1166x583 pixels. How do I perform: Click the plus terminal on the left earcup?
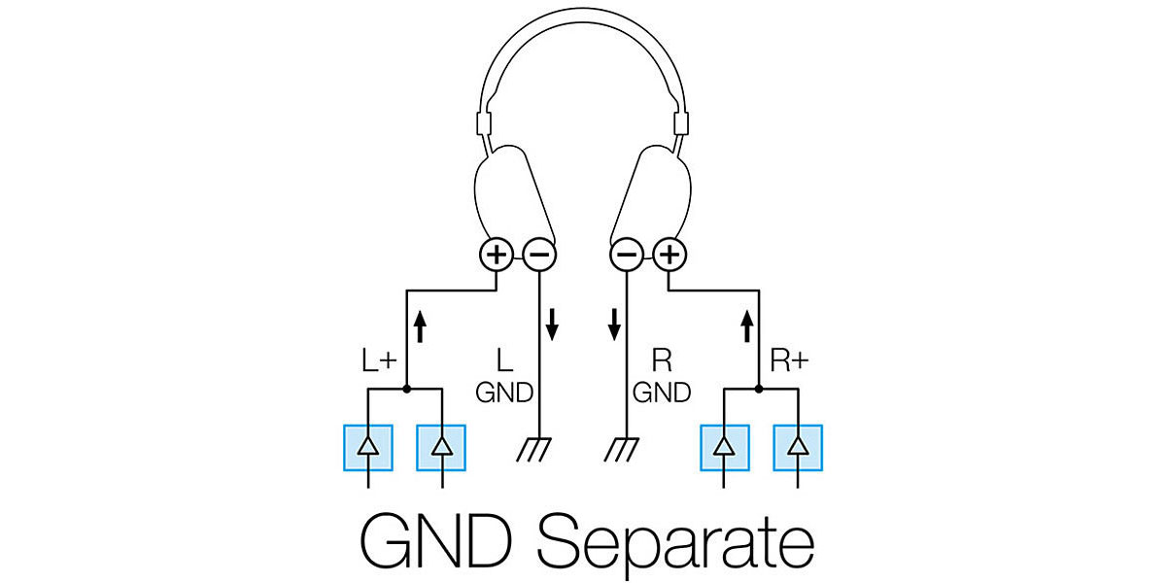pos(497,255)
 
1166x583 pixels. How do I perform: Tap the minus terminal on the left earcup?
pos(539,255)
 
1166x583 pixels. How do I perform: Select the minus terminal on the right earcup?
pos(626,255)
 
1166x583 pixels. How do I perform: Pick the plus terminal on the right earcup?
pos(669,255)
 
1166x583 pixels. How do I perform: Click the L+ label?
pos(379,360)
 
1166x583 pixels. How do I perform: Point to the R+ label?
pos(789,360)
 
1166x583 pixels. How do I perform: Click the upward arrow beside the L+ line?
pos(420,326)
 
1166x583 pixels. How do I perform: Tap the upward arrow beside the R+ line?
pos(747,326)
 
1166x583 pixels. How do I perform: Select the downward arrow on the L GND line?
pos(552,325)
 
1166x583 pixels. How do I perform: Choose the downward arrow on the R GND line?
pos(614,325)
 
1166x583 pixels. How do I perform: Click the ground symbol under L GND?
pos(534,449)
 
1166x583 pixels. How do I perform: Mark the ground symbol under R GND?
pos(622,449)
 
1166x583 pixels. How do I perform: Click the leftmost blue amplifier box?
pos(368,448)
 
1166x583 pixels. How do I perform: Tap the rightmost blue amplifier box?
pos(798,448)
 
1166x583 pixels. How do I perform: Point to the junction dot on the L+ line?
pos(406,389)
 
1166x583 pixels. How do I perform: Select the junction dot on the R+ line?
pos(759,389)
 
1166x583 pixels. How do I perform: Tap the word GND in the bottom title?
pos(435,540)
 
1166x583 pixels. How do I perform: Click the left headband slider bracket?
pos(484,123)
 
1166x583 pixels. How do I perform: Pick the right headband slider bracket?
pos(681,123)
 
